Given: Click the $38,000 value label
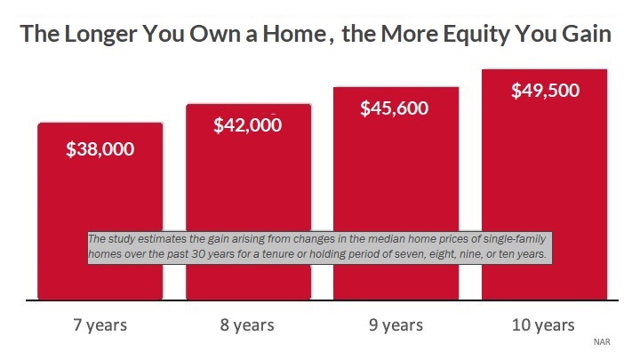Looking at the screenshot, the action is click(x=100, y=149).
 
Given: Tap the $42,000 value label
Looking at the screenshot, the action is click(x=247, y=125).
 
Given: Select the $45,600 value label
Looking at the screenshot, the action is click(x=395, y=108).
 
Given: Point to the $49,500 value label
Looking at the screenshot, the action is click(x=545, y=90).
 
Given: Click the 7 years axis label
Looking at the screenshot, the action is click(x=100, y=325).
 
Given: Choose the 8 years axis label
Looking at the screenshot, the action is click(x=247, y=325).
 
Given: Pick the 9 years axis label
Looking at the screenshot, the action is click(x=396, y=325).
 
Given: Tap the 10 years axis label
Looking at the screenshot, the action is click(x=543, y=325).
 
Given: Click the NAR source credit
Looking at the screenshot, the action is click(x=602, y=341).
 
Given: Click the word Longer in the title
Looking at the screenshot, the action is click(x=100, y=35).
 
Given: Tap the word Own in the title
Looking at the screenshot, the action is click(x=223, y=34).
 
